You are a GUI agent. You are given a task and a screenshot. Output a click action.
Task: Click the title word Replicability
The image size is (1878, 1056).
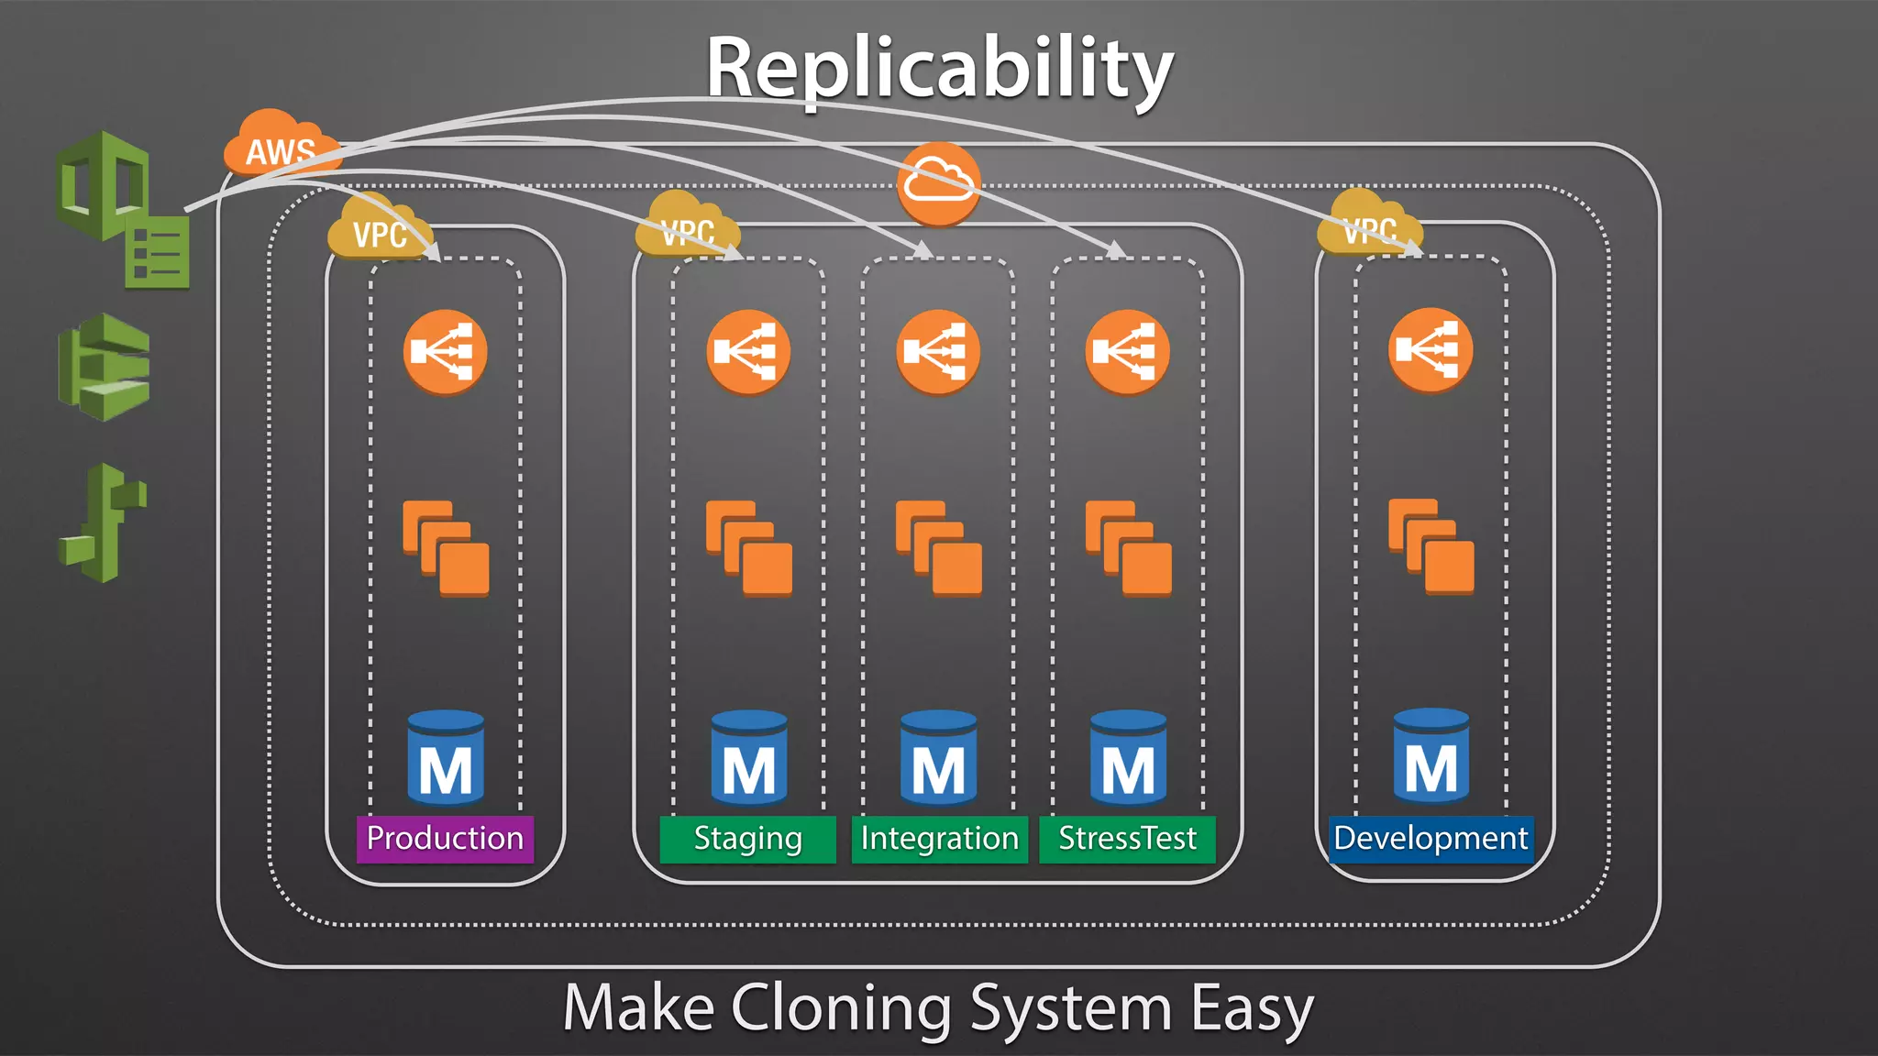(939, 70)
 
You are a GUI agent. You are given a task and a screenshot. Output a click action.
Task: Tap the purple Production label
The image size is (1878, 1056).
(445, 839)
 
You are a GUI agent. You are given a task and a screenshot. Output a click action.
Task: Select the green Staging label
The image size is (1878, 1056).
(747, 839)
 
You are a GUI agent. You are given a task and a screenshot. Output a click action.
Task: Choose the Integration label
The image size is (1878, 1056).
(939, 839)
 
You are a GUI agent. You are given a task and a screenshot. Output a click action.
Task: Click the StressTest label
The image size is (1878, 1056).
(1127, 839)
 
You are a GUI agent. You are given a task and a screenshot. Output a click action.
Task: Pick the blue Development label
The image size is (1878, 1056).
(1431, 839)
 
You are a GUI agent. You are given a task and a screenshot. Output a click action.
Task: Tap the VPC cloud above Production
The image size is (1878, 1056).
(378, 229)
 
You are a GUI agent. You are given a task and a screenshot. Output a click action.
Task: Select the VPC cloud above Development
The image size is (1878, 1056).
(1368, 225)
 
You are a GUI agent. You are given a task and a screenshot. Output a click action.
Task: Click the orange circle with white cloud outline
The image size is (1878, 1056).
(938, 183)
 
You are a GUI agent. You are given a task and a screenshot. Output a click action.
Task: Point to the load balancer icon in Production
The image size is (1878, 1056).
(446, 352)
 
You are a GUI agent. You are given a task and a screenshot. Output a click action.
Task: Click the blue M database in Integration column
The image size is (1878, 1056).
(938, 757)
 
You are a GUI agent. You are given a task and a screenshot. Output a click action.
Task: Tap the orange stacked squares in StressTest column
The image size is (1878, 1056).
(1128, 548)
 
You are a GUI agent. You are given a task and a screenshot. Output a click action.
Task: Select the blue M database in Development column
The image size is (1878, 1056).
(1431, 755)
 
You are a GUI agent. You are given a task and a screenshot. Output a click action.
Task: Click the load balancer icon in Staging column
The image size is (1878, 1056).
(748, 352)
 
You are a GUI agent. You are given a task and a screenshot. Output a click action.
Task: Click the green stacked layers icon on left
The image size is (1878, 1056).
(104, 367)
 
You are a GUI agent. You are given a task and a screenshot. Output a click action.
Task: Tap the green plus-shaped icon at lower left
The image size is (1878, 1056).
(103, 522)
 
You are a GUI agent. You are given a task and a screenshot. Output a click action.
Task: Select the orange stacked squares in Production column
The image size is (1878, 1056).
(446, 548)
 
